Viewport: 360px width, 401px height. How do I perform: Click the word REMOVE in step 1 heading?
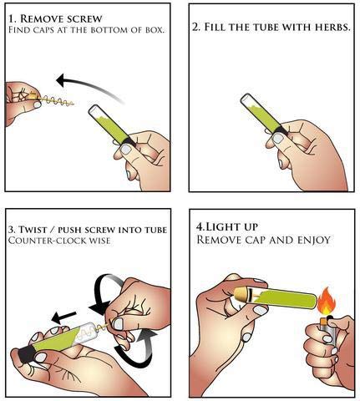tap(39, 18)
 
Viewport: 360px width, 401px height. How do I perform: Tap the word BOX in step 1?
tap(155, 29)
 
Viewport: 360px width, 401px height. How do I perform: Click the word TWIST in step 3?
tap(33, 230)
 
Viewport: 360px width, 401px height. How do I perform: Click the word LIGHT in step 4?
tap(221, 227)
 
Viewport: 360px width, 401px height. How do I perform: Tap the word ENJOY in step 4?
tap(314, 240)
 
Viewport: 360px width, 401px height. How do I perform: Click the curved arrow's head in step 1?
tap(62, 80)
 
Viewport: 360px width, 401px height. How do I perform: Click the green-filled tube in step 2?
tap(261, 114)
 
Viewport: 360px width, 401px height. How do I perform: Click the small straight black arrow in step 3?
tap(63, 317)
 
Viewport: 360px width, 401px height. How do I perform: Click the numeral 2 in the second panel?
tap(195, 28)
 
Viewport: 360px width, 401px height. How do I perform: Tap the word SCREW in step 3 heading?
tap(100, 230)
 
